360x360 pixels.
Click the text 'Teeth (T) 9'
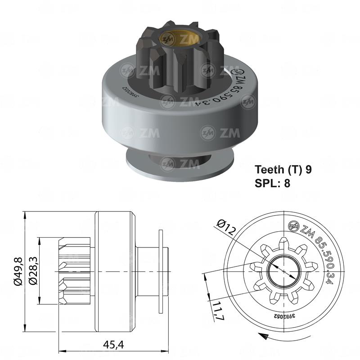pos(283,170)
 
